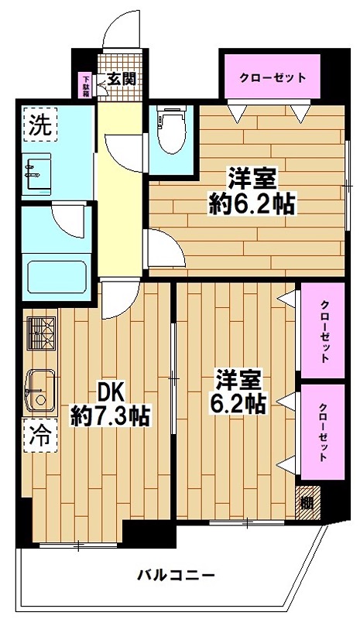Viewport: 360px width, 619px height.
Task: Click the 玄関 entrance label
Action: coord(122,78)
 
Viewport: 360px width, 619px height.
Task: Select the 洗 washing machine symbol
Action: coord(38,125)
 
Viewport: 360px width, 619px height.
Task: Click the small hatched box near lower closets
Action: coord(307,501)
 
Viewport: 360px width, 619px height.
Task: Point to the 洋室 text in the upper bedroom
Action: coord(252,177)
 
